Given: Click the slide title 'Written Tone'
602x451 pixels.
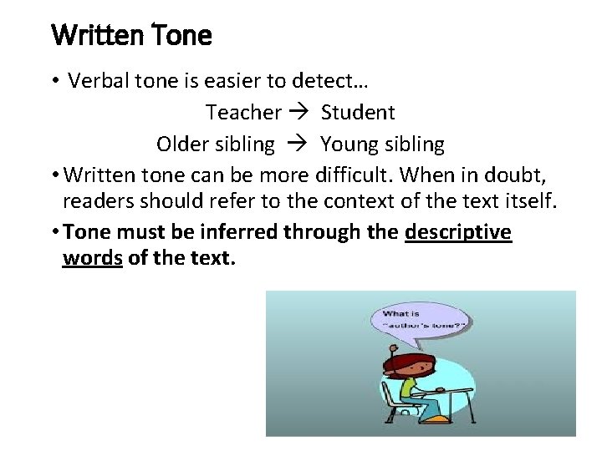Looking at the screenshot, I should (131, 36).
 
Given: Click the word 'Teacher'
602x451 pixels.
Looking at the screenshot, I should (243, 112).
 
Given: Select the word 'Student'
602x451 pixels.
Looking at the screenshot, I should (358, 112).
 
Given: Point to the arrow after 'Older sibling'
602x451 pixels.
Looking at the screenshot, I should (298, 144).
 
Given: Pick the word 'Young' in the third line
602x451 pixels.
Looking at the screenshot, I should (349, 144).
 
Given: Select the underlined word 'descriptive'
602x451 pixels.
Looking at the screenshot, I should (457, 232).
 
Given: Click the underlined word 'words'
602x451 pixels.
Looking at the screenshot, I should (92, 258).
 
